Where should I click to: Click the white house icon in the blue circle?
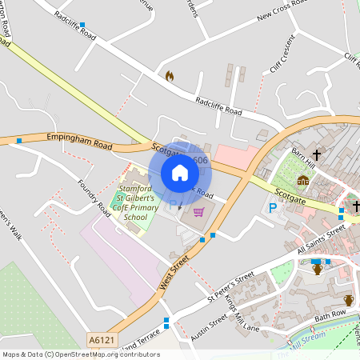tap(180, 173)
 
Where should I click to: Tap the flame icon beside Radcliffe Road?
tap(169, 76)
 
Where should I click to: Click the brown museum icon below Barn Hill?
tap(303, 181)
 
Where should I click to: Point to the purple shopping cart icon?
tap(198, 212)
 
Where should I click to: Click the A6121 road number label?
tap(102, 340)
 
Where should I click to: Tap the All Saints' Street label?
tap(321, 239)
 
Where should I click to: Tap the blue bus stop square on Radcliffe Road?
tap(82, 25)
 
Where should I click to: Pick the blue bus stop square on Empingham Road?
tap(19, 141)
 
